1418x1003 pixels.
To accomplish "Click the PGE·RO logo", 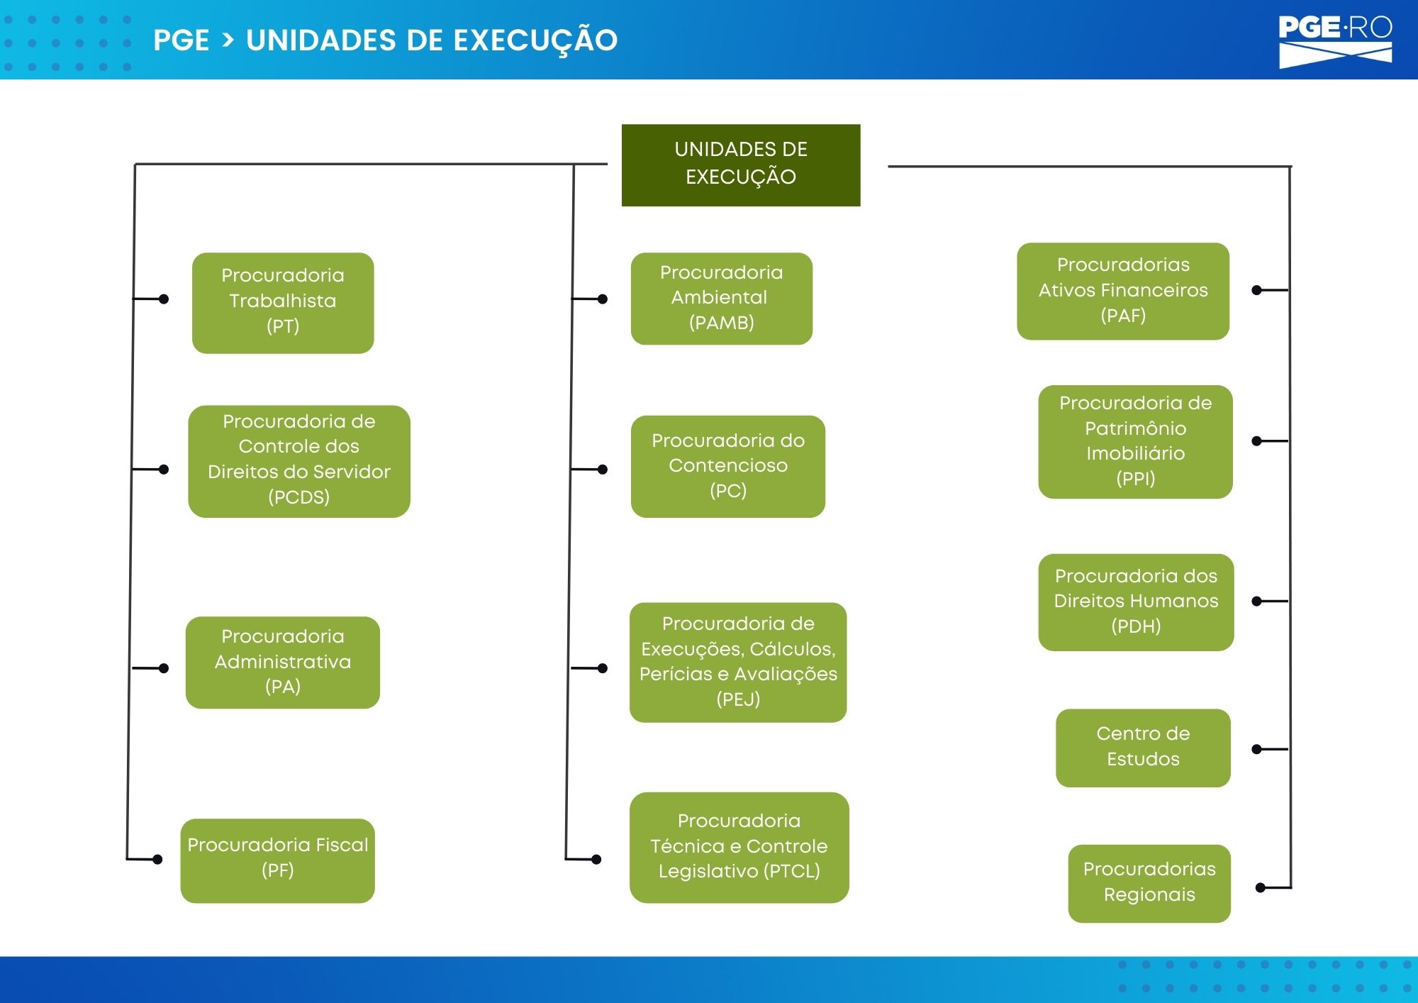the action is [x=1336, y=41].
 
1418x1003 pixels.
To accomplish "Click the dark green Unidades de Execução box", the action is [x=741, y=165].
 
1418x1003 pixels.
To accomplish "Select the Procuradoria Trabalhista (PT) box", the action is [x=283, y=303].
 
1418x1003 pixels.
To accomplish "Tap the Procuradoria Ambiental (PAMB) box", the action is [x=722, y=299].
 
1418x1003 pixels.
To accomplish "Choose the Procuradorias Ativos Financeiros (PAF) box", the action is [x=1123, y=291].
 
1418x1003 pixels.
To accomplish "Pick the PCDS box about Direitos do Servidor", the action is [x=299, y=461].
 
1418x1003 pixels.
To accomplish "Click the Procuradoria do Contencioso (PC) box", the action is [x=728, y=466].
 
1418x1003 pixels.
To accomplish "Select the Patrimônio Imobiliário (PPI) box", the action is [x=1136, y=441].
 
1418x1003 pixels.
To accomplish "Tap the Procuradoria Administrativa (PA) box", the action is [x=283, y=662].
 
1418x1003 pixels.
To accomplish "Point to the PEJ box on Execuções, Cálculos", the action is [x=738, y=662].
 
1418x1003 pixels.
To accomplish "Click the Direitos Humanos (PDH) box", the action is [x=1136, y=602].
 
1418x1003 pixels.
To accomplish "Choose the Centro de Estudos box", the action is [x=1143, y=748].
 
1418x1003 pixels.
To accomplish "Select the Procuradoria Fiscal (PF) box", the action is [x=278, y=860].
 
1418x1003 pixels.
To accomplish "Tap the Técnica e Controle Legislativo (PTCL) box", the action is [x=739, y=847].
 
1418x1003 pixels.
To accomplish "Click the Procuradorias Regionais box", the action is [x=1149, y=883].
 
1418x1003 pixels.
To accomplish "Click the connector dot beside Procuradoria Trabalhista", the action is [x=164, y=299].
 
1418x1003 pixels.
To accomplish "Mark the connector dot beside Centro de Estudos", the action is [x=1256, y=749].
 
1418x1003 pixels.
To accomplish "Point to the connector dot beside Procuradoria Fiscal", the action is [x=157, y=860].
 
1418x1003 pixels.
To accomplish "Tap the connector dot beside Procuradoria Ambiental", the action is [x=603, y=299].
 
